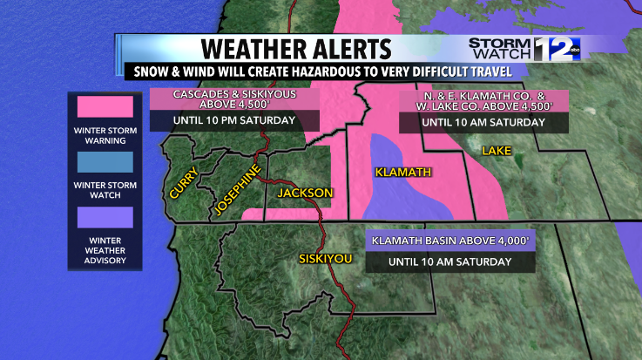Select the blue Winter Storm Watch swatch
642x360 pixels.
pyautogui.click(x=103, y=162)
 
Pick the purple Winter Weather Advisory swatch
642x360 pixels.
pyautogui.click(x=103, y=217)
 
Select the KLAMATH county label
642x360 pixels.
pyautogui.click(x=403, y=173)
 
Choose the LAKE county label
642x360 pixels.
pyautogui.click(x=497, y=152)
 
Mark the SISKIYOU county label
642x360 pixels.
pyautogui.click(x=324, y=259)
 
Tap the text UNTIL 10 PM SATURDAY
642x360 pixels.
pyautogui.click(x=235, y=120)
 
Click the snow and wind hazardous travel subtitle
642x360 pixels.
pyautogui.click(x=316, y=71)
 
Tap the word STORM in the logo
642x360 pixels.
pyautogui.click(x=498, y=44)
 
